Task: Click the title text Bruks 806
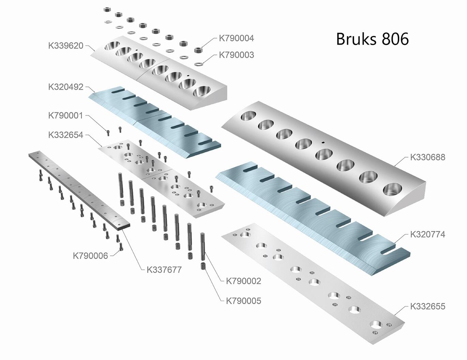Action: click(x=372, y=39)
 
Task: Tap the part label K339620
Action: click(x=65, y=46)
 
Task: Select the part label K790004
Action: click(x=236, y=38)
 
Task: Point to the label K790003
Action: click(x=236, y=55)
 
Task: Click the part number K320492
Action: click(x=65, y=87)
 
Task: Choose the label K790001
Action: click(x=65, y=115)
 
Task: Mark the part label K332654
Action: click(x=65, y=135)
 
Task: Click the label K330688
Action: click(x=427, y=157)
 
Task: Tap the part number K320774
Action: click(x=427, y=234)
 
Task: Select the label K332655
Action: click(x=427, y=306)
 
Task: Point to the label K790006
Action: click(x=90, y=256)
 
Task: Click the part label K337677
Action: click(x=164, y=270)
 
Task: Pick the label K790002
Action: click(x=243, y=281)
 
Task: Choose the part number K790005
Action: click(x=243, y=301)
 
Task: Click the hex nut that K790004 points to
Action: click(x=197, y=50)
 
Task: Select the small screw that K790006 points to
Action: click(x=120, y=246)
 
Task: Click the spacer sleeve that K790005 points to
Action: click(x=204, y=265)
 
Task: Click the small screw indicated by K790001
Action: click(x=108, y=133)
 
